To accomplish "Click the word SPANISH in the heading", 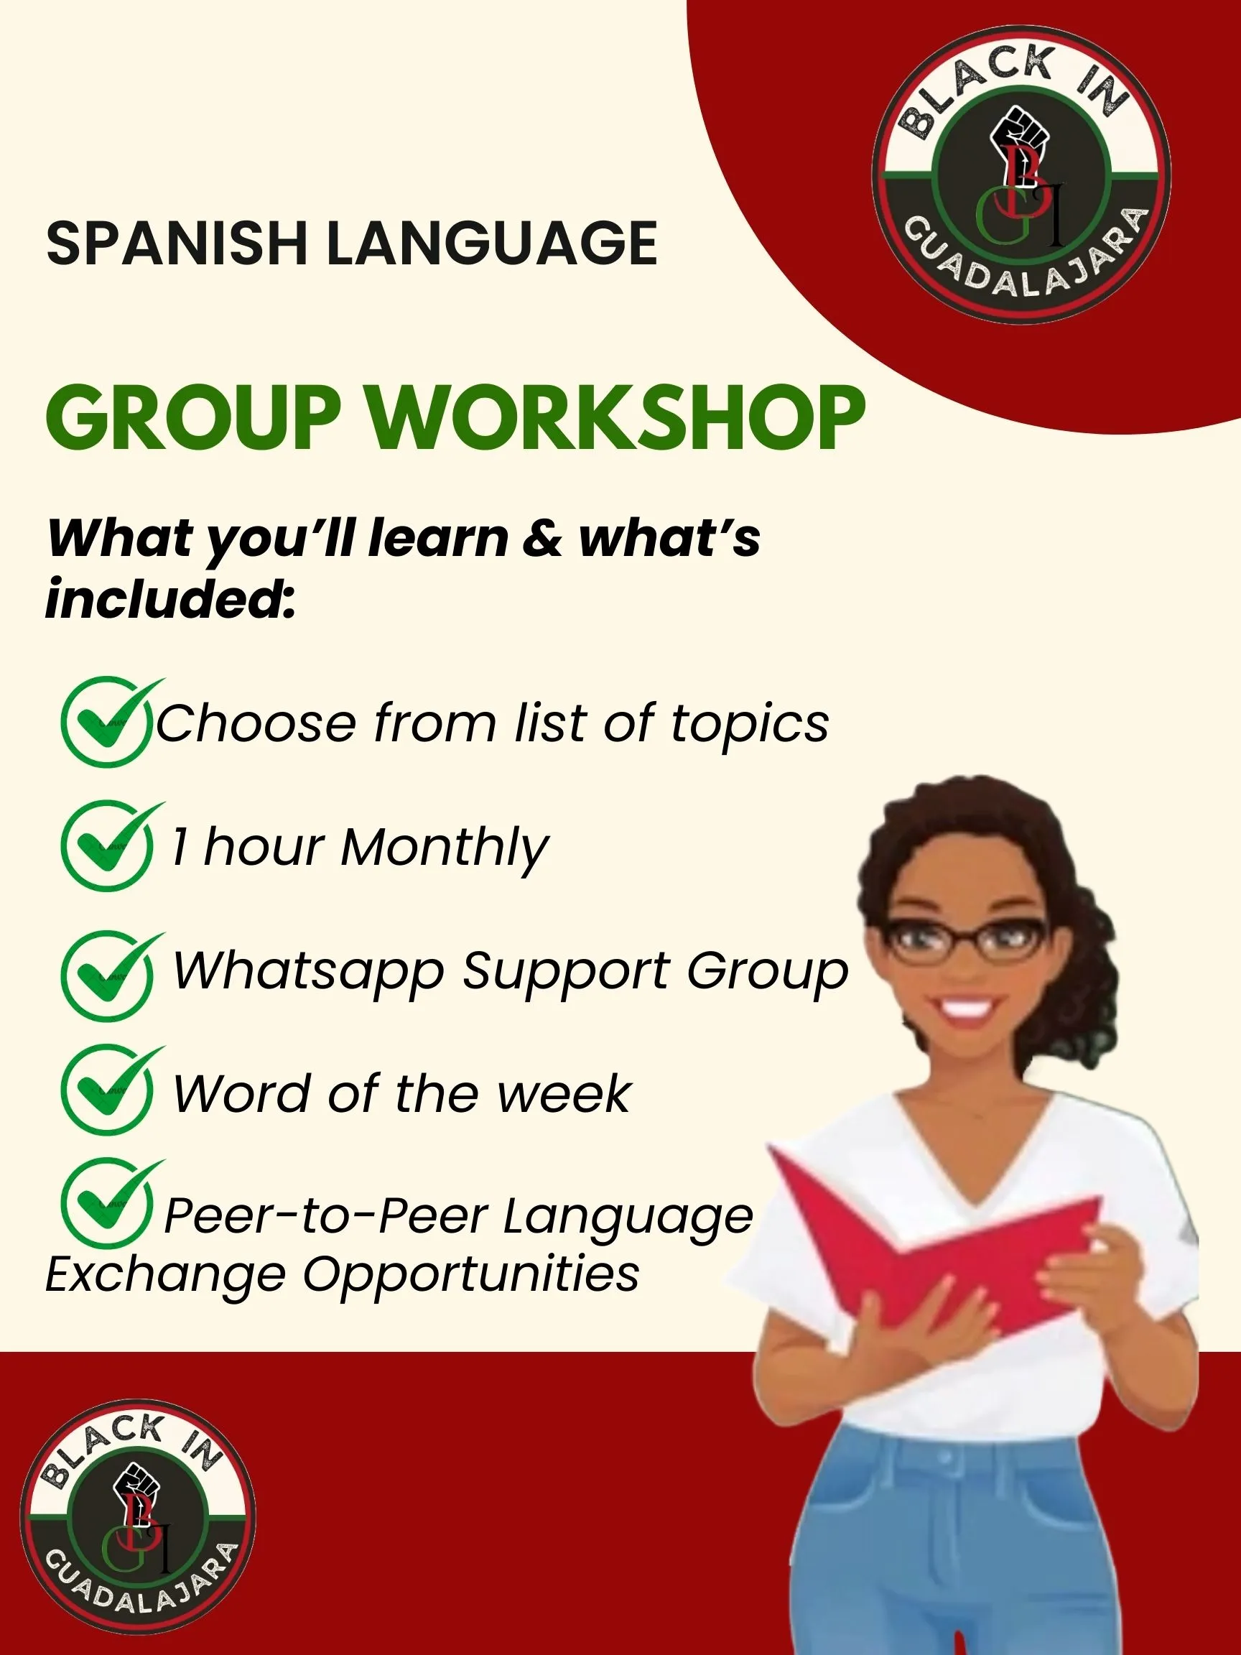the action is point(177,244).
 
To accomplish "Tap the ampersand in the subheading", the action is point(542,538).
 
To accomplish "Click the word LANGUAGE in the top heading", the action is point(492,244).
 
